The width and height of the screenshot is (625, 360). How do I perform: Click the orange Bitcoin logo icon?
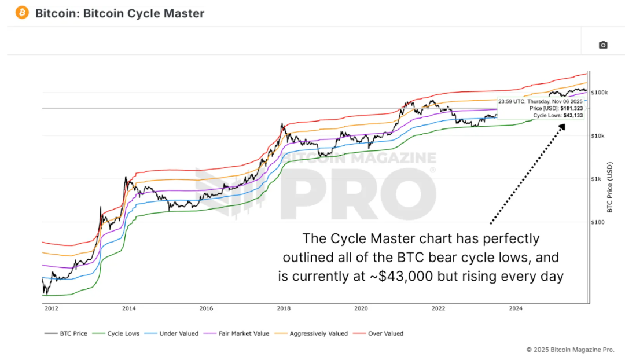point(22,12)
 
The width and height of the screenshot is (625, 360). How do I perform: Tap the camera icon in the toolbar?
point(603,45)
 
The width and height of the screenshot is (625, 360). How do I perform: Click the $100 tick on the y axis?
point(597,222)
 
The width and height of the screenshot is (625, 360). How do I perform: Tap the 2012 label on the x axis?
point(50,308)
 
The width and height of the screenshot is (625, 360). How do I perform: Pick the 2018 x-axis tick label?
point(283,308)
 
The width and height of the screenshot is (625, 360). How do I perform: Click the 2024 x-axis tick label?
point(516,308)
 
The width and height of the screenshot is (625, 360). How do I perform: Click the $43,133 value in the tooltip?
point(571,115)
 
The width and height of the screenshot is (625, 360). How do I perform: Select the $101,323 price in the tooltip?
point(571,108)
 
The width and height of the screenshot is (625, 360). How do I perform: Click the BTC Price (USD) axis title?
point(609,187)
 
